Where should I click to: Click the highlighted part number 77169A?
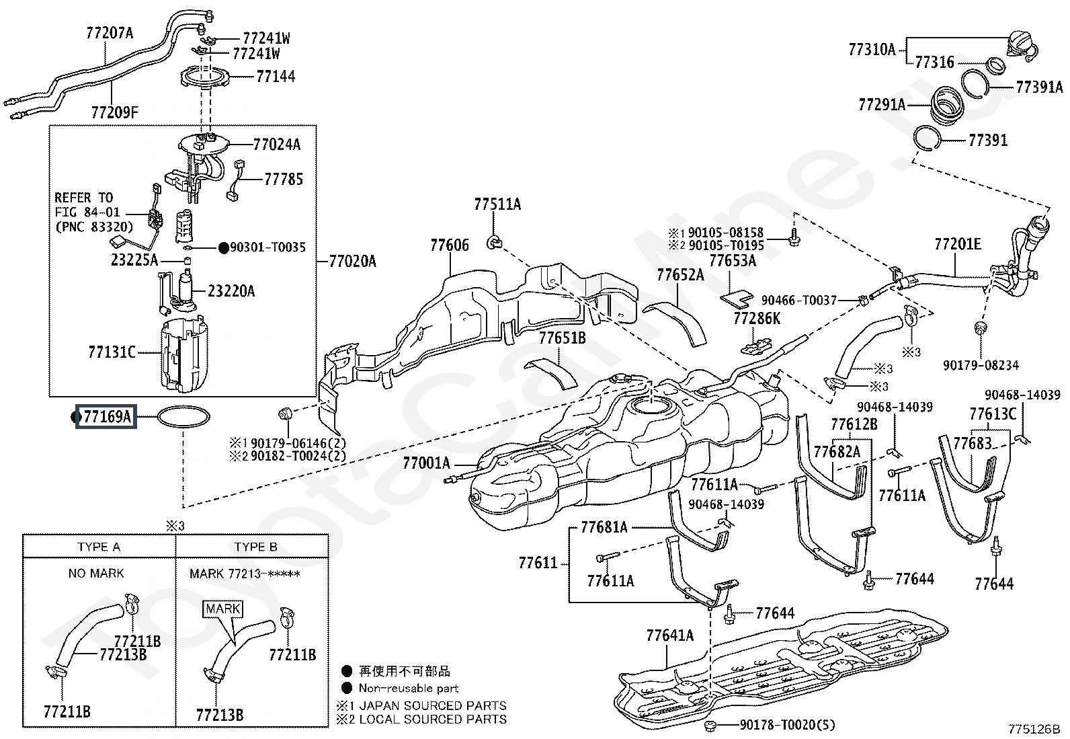pyautogui.click(x=106, y=416)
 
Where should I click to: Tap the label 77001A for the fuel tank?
pyautogui.click(x=427, y=463)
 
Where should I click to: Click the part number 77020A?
pyautogui.click(x=353, y=262)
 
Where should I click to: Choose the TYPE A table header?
pyautogui.click(x=99, y=547)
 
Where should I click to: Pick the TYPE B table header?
pyautogui.click(x=255, y=547)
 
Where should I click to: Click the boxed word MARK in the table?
pyautogui.click(x=223, y=609)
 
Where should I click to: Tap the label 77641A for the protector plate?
pyautogui.click(x=669, y=635)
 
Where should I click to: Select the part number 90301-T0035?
pyautogui.click(x=267, y=247)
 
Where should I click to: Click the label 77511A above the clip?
pyautogui.click(x=497, y=204)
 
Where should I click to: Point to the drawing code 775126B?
pyautogui.click(x=1034, y=729)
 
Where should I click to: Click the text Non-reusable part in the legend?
pyautogui.click(x=409, y=688)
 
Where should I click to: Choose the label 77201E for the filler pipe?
pyautogui.click(x=958, y=244)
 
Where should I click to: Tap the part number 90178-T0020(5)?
pyautogui.click(x=788, y=725)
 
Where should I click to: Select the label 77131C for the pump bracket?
pyautogui.click(x=112, y=352)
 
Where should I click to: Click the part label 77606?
pyautogui.click(x=450, y=245)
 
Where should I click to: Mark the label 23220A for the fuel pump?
pyautogui.click(x=231, y=291)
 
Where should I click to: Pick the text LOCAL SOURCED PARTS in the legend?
pyautogui.click(x=433, y=719)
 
